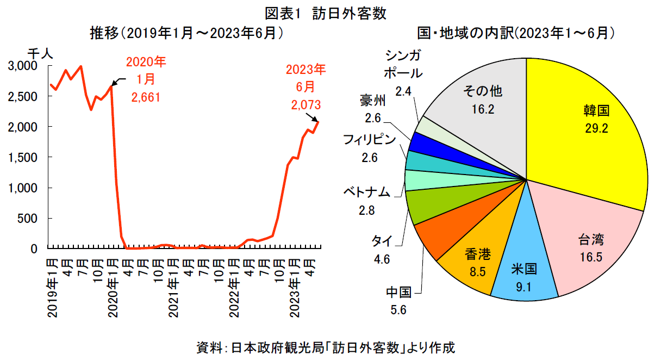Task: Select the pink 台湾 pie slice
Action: click(590, 239)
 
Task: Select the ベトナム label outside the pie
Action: click(366, 193)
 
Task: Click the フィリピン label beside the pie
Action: click(369, 140)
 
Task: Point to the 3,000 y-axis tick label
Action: click(23, 66)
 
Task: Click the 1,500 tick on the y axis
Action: click(23, 157)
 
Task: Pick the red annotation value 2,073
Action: click(306, 105)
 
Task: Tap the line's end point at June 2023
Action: click(318, 122)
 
